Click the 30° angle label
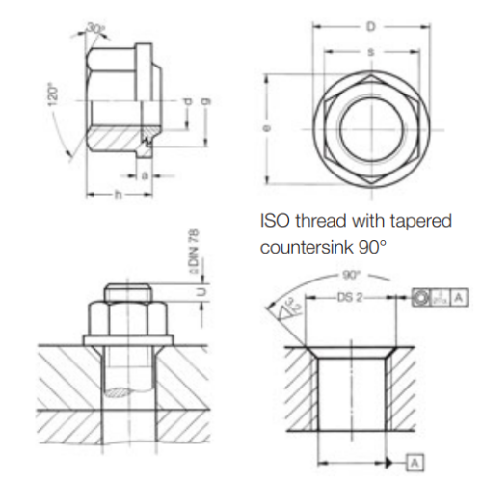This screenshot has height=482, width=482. [x=94, y=27]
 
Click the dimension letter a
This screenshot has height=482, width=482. [x=144, y=175]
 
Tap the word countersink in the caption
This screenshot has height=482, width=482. [x=309, y=247]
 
